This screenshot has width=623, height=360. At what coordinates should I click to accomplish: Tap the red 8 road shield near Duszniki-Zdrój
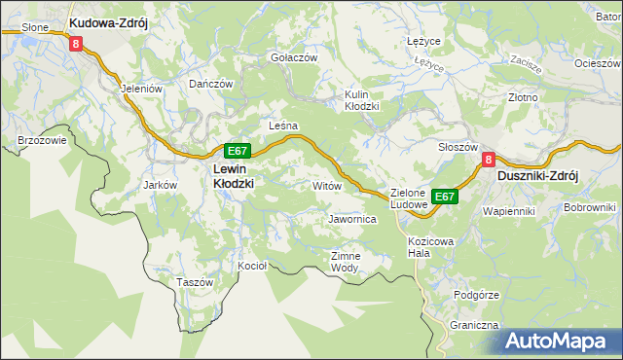click(x=490, y=160)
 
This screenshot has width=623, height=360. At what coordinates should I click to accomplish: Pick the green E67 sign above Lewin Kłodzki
click(x=238, y=151)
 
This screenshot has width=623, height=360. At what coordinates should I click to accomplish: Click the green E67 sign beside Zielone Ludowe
click(x=445, y=197)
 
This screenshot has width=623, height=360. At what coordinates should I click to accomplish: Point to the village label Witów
click(x=326, y=184)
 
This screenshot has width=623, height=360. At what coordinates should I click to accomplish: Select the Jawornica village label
click(x=352, y=220)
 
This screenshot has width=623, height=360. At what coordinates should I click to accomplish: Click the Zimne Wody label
click(x=346, y=261)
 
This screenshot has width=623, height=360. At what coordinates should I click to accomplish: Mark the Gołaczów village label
click(x=294, y=57)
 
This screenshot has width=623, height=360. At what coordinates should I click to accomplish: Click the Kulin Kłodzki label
click(x=361, y=100)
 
